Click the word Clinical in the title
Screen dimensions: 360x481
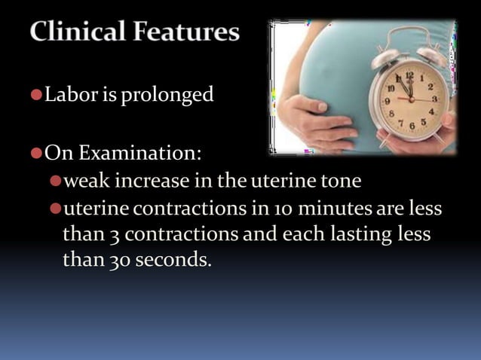pos(78,32)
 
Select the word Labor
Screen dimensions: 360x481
pos(66,95)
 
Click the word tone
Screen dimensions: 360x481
pos(344,182)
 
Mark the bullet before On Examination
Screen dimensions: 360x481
pos(35,154)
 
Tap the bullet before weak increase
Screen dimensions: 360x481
pos(54,182)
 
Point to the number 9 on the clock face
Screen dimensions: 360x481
pos(388,100)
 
